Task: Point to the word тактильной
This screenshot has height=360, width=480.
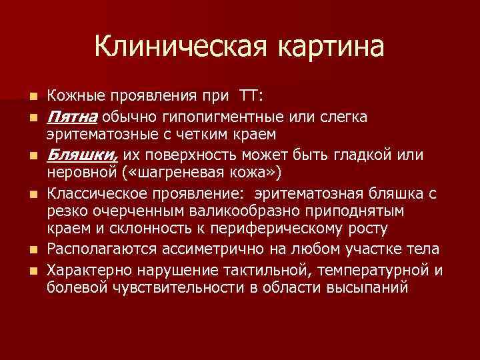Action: pos(251,269)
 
